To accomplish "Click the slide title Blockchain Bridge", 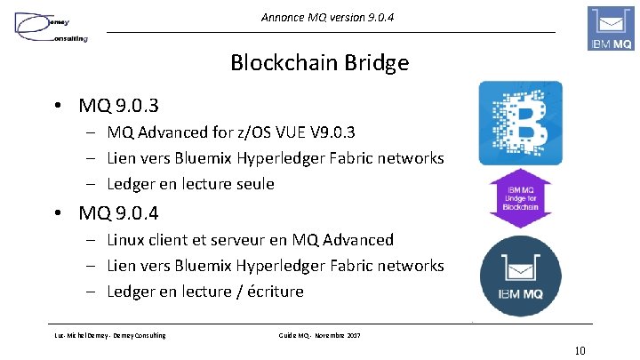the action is point(319,62).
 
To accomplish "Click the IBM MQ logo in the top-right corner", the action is point(611,28).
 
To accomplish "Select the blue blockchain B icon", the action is point(520,123).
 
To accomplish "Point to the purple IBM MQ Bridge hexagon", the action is point(520,197).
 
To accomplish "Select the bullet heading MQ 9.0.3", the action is point(118,106).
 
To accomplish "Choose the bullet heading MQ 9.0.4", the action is point(118,212).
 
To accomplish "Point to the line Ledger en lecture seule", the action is point(190,184).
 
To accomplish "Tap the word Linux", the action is point(127,239).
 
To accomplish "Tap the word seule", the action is point(253,184).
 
